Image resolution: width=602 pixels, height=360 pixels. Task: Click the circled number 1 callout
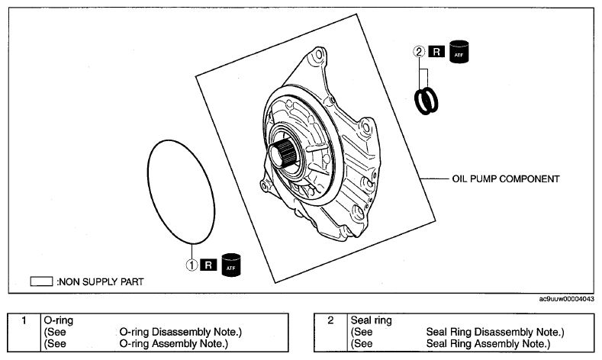(x=192, y=265)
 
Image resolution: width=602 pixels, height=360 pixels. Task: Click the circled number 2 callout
(x=419, y=51)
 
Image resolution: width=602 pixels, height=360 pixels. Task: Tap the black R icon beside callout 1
(x=208, y=265)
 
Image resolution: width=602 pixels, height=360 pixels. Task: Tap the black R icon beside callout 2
(x=436, y=51)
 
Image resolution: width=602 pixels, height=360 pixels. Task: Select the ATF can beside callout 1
(x=231, y=265)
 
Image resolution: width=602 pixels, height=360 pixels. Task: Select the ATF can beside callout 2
(x=459, y=51)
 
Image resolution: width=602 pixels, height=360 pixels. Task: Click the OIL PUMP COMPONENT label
(x=506, y=178)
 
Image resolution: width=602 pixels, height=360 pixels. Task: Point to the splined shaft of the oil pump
(x=284, y=153)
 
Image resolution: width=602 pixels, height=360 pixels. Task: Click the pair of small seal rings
(x=427, y=101)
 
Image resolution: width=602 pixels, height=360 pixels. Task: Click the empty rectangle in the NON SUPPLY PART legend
(x=41, y=281)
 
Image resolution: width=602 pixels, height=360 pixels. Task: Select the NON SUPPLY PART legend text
(x=100, y=281)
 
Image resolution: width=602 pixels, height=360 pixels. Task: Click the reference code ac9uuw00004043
(x=566, y=299)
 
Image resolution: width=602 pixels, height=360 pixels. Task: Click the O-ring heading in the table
(x=58, y=320)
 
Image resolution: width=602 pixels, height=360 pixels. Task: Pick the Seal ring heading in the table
(x=372, y=320)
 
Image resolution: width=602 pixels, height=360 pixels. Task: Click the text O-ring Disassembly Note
(x=180, y=332)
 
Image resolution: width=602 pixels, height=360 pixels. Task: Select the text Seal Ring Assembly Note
(x=488, y=343)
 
